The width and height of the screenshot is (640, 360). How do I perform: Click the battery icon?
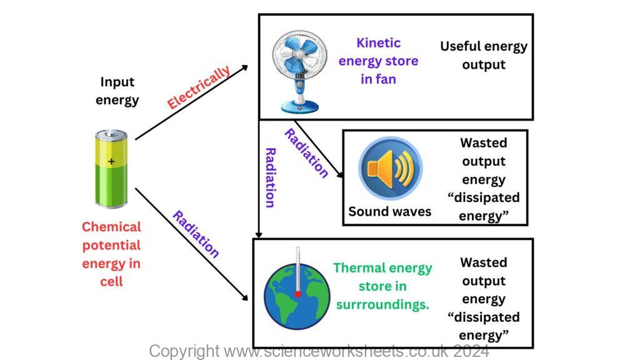[x=111, y=169]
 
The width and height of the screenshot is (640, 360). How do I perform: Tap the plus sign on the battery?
[x=111, y=161]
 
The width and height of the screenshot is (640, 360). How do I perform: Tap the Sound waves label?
[x=390, y=211]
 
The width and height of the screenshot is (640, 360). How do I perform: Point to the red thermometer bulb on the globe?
[x=298, y=294]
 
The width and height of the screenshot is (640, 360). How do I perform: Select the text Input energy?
[x=117, y=91]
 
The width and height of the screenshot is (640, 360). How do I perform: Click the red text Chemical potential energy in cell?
[x=111, y=254]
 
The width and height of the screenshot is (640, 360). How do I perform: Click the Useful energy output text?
[x=483, y=55]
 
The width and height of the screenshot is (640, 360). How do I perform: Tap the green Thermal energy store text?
[x=382, y=286]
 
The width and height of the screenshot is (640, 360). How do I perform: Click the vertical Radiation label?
[x=270, y=177]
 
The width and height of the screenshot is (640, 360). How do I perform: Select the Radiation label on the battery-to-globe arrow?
[x=196, y=234]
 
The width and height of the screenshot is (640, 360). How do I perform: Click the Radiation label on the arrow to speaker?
[x=306, y=153]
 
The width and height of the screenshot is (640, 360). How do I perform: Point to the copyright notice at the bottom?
[x=319, y=351]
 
